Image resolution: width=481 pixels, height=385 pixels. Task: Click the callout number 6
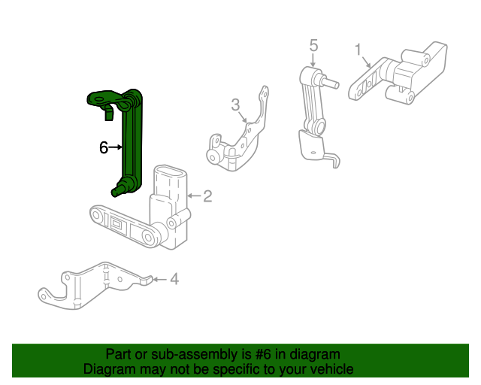104,148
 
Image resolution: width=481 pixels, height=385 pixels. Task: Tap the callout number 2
207,196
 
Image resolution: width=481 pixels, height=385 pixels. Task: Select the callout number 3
235,105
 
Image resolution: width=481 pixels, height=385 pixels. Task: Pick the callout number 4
174,280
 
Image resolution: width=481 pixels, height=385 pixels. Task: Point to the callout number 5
313,46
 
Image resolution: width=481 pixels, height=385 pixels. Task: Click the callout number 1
358,50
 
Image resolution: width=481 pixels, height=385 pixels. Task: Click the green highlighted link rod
132,143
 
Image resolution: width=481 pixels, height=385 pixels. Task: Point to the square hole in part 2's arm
118,224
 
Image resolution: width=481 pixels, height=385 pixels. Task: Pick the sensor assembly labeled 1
398,75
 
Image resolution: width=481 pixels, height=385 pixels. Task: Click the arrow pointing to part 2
192,196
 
